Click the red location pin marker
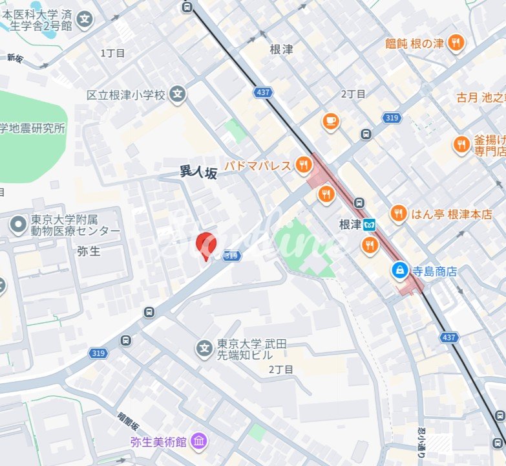(206, 245)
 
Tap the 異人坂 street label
(198, 172)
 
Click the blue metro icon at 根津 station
(369, 225)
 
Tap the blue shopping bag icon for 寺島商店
(401, 271)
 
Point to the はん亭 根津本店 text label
(451, 214)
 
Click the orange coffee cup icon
(331, 121)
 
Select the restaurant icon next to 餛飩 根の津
(457, 43)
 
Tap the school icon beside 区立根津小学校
(178, 95)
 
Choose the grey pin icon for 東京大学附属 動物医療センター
(17, 225)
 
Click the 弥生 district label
(89, 251)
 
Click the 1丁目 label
(112, 53)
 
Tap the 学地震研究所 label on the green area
(32, 128)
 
